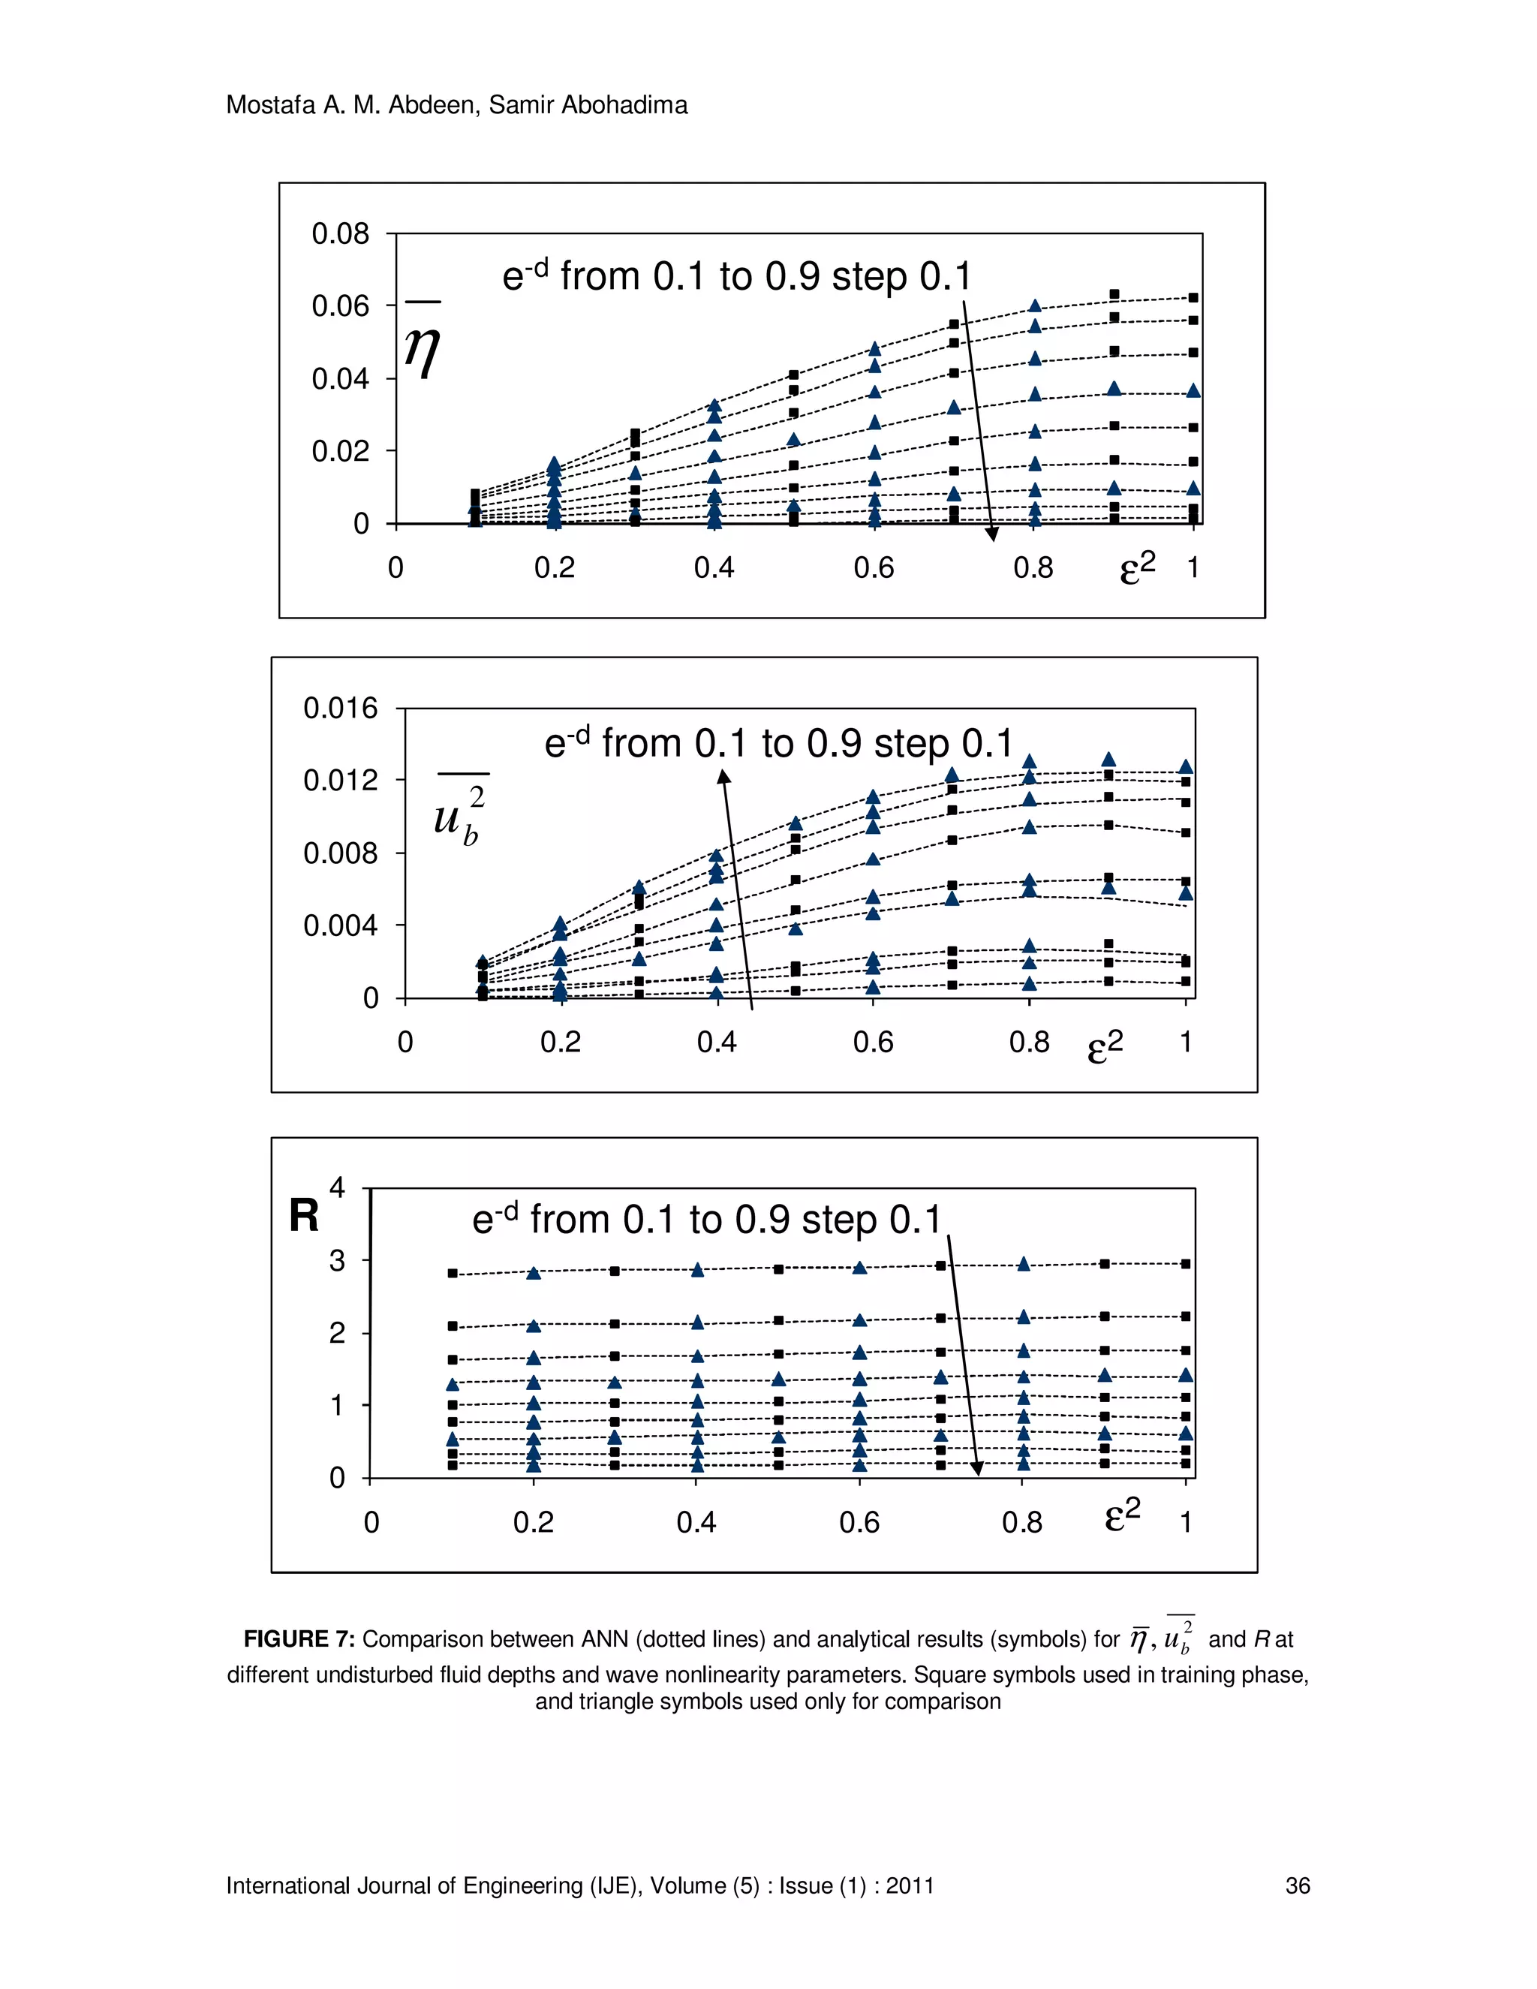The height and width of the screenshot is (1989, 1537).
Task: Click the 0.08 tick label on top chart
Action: pos(340,234)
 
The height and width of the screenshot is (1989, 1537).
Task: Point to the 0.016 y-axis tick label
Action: pos(340,708)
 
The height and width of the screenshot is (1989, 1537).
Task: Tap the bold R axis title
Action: pos(304,1216)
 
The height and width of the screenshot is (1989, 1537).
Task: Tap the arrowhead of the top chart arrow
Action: pos(992,534)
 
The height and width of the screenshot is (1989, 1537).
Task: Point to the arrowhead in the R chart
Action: pos(976,1469)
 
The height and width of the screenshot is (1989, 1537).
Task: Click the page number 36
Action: pos(1297,1885)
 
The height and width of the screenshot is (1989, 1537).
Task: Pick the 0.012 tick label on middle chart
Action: pos(340,781)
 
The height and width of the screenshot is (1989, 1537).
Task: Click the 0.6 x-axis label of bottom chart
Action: pos(859,1522)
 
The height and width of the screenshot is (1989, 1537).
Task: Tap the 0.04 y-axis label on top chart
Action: pos(340,379)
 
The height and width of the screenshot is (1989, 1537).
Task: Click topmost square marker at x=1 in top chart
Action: pos(1193,298)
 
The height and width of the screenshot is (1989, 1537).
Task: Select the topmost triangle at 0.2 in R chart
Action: pos(534,1273)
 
